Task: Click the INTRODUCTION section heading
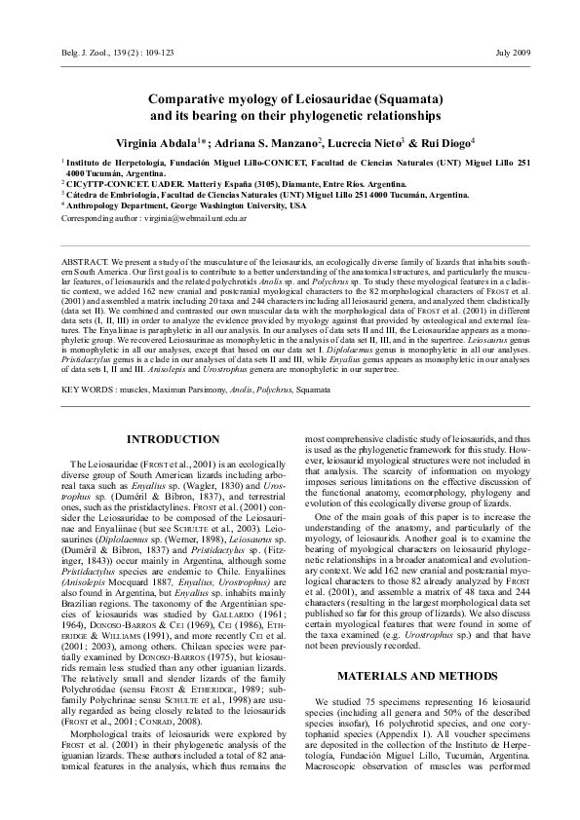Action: click(x=174, y=440)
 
